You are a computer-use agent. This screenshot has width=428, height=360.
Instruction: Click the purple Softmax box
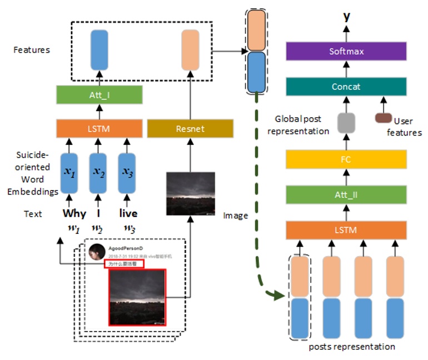pos(346,52)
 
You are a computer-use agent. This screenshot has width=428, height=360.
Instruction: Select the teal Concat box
pos(346,87)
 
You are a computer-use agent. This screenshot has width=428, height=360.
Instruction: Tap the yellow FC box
pos(346,159)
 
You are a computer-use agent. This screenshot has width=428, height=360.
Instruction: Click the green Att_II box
pos(346,194)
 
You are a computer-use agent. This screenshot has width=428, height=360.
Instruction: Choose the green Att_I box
pos(99,95)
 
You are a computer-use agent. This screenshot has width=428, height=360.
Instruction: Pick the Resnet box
pos(190,129)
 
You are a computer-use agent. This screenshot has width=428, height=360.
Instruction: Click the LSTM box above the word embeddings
pos(99,129)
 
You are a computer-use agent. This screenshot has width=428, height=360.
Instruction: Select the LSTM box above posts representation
pos(346,230)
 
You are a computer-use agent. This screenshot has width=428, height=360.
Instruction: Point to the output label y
pos(347,17)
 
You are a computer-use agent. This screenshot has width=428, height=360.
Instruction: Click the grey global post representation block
pos(346,122)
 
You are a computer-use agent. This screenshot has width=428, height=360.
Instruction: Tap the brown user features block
pos(383,118)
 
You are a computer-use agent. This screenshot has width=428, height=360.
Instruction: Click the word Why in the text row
pos(74,213)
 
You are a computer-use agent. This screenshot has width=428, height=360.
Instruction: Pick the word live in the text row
pos(128,213)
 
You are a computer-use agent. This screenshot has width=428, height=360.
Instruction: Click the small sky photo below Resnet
pos(191,193)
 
